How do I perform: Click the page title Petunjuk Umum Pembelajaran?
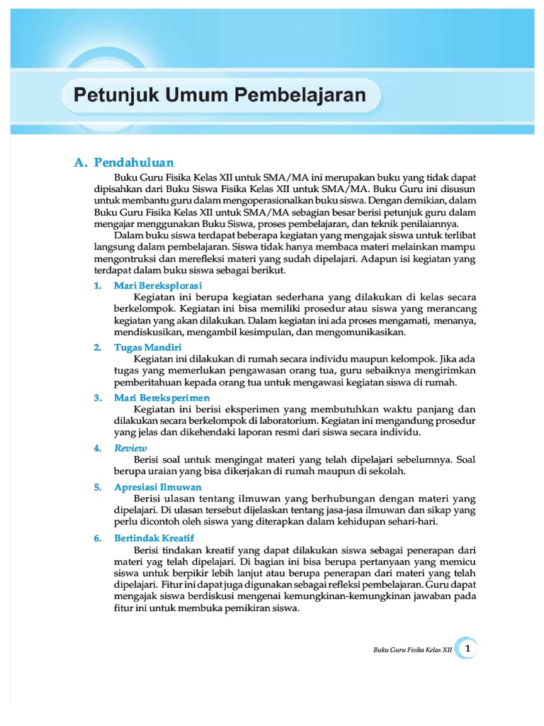[220, 96]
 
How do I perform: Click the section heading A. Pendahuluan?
[124, 162]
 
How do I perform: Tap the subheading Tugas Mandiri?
[148, 347]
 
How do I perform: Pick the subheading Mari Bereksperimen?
[161, 398]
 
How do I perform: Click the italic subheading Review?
[130, 448]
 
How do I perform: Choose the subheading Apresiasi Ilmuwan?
[158, 487]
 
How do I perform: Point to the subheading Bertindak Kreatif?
[154, 538]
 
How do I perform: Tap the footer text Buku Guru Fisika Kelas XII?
[412, 649]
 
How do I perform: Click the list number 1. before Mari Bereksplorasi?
[98, 285]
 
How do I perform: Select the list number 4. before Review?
[98, 448]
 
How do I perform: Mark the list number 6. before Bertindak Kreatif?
[98, 538]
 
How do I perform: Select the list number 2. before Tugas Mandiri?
[98, 347]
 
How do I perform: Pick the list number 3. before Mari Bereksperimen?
[98, 398]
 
